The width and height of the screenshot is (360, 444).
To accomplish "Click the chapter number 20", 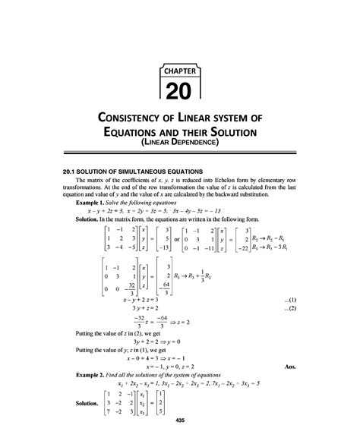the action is click(x=180, y=91).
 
